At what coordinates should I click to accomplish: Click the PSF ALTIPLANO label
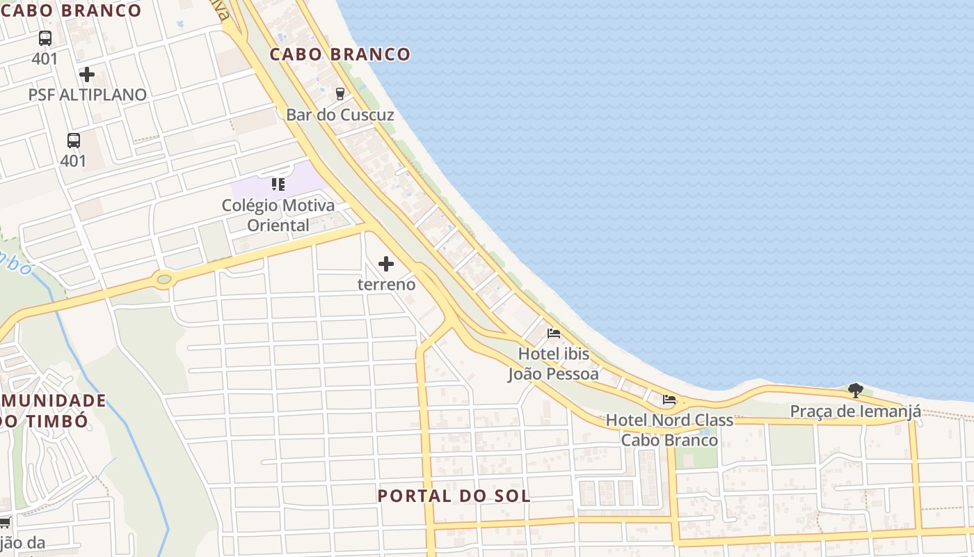tap(88, 95)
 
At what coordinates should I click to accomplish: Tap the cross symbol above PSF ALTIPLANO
tap(87, 74)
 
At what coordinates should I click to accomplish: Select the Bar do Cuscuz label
tap(340, 115)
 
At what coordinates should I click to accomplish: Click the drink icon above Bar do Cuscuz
tap(340, 93)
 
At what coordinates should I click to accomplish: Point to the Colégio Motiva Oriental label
tap(278, 215)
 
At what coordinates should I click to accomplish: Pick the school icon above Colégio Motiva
tap(278, 185)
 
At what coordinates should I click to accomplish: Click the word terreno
tap(386, 284)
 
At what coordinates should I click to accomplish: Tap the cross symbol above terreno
tap(386, 264)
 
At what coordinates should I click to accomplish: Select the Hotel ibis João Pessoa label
tap(554, 363)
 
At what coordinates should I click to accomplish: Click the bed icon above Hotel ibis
tap(554, 334)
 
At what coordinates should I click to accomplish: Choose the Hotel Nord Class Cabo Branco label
tap(669, 430)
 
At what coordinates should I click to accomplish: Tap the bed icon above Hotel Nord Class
tap(669, 400)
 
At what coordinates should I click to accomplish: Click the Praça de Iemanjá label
tap(856, 411)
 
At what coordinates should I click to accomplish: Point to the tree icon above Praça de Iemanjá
tap(856, 391)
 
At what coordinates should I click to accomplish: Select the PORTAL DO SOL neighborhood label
tap(454, 496)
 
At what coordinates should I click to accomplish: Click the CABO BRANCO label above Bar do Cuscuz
tap(340, 54)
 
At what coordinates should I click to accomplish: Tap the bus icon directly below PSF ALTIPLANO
tap(74, 141)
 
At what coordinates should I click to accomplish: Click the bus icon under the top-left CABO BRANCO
tap(45, 38)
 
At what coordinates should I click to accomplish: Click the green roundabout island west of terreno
tap(164, 280)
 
